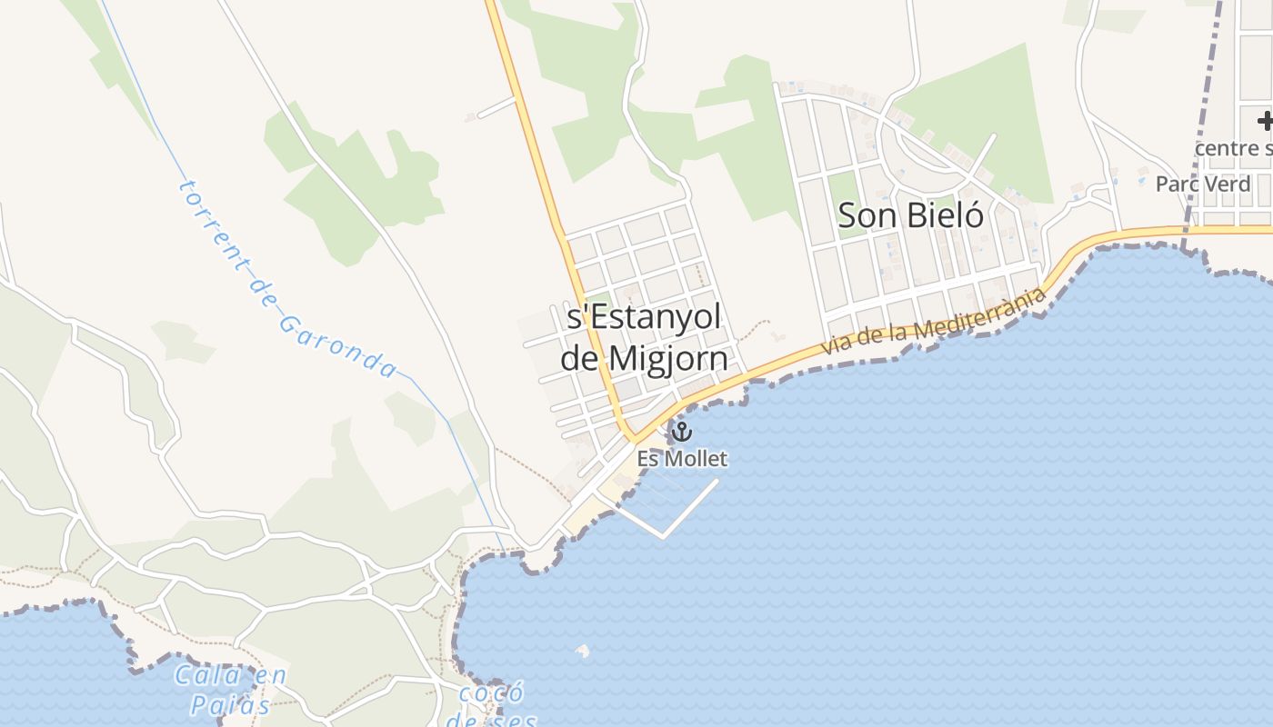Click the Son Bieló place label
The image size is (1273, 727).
(910, 216)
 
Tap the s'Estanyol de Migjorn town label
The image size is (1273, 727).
(644, 337)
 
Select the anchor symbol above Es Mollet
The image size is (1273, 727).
(681, 432)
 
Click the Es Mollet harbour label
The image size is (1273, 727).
(682, 459)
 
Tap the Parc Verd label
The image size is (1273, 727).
(1203, 184)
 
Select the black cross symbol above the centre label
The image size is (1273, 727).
(1265, 121)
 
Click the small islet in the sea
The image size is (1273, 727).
(582, 650)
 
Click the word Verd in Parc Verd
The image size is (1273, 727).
(1228, 184)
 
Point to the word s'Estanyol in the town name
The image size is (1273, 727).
(644, 317)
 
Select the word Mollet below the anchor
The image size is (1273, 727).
(696, 459)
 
